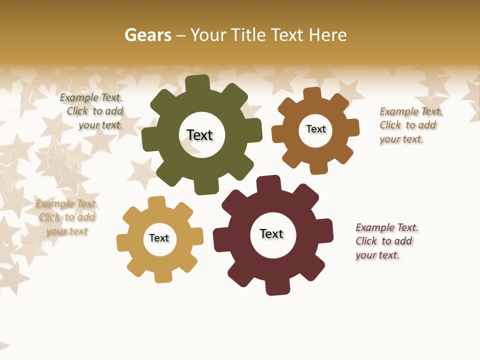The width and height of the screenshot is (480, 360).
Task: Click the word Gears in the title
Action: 147,35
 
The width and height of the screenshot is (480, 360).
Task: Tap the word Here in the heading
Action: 328,35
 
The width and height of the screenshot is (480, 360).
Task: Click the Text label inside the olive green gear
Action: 199,135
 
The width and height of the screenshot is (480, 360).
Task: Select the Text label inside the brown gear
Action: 315,129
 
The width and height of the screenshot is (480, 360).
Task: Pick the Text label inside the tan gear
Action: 159,238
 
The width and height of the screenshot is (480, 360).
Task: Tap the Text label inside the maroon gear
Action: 271,233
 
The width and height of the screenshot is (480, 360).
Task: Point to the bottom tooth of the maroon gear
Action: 276,287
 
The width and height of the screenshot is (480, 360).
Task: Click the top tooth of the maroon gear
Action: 268,183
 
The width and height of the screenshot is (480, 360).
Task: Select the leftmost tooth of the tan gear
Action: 123,242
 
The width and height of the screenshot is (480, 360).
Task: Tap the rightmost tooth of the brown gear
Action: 352,127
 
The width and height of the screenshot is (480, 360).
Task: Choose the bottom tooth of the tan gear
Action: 162,275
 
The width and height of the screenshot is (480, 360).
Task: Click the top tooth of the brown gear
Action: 312,94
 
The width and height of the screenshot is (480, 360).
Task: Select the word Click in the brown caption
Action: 390,125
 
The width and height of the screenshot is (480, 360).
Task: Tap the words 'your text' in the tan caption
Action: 66,231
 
